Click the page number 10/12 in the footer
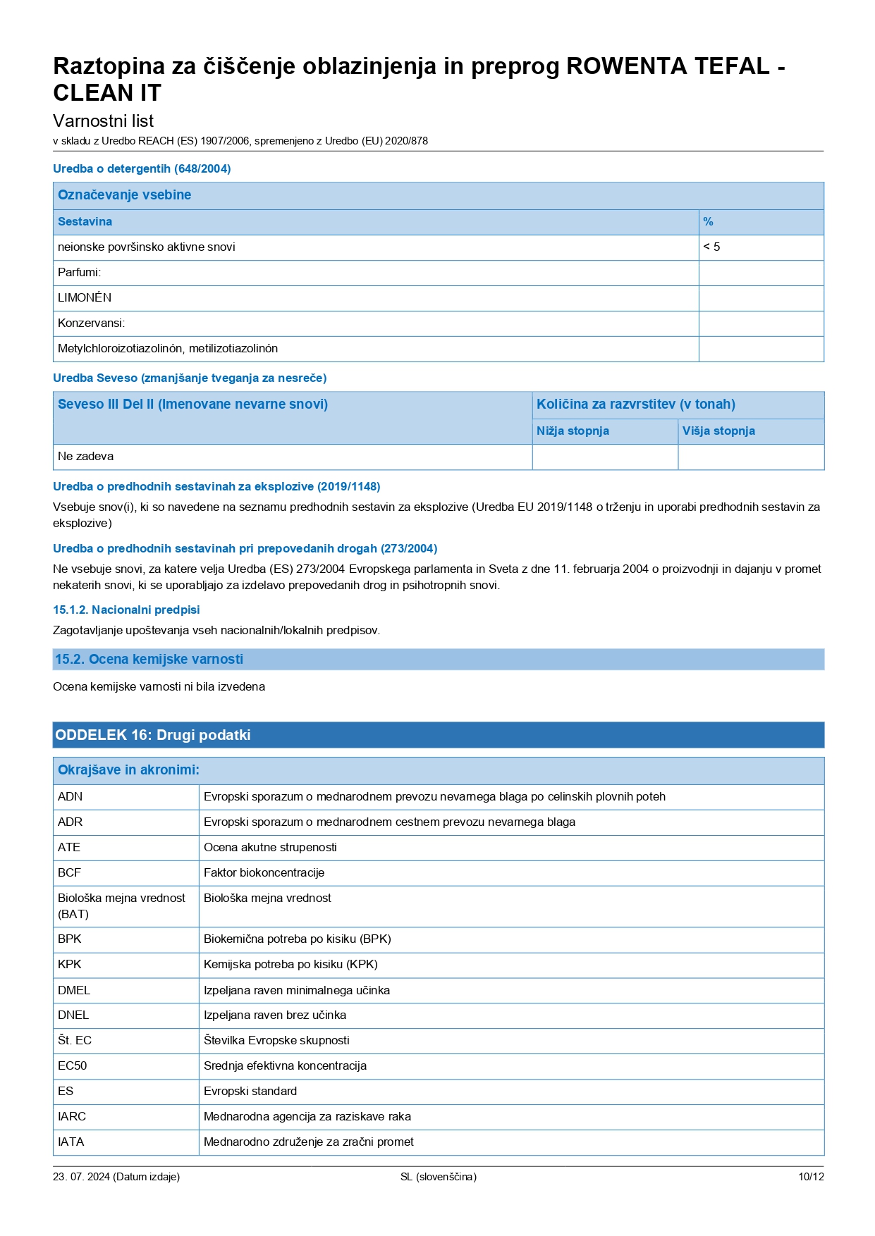[x=810, y=1177]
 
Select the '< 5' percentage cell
[x=712, y=247]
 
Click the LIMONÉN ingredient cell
[x=85, y=298]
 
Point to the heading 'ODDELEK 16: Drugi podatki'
[x=153, y=735]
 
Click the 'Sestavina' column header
[x=85, y=222]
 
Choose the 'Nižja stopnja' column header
[x=573, y=431]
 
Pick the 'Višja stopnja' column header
[x=718, y=431]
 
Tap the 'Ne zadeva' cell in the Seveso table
[x=85, y=457]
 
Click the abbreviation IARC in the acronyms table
[x=72, y=1117]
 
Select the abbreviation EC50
[x=73, y=1066]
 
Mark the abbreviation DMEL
[x=74, y=991]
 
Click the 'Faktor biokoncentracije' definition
[x=264, y=873]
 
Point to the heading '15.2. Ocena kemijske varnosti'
[x=149, y=660]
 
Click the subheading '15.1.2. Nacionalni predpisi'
[x=126, y=610]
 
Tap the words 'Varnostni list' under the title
[x=103, y=121]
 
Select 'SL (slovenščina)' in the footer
[x=438, y=1177]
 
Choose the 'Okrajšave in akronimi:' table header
[x=128, y=770]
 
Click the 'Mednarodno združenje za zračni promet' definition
[x=308, y=1142]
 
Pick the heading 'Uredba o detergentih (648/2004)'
[x=142, y=169]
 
